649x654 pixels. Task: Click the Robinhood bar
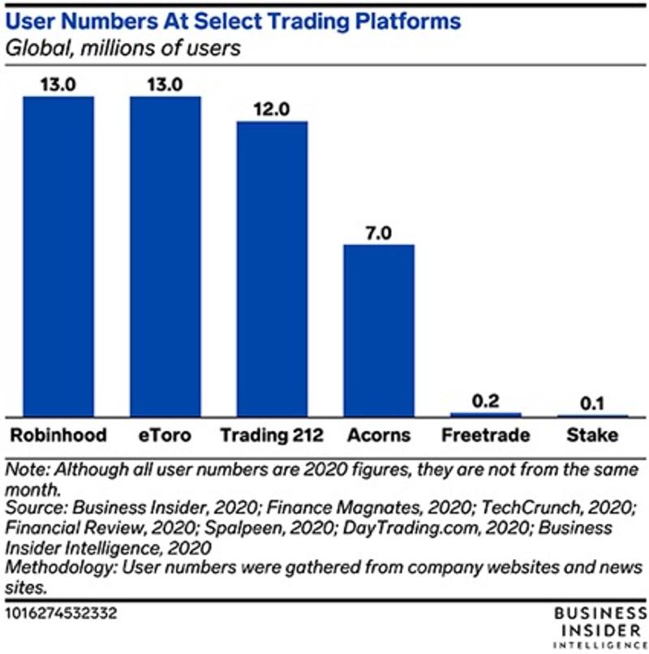coord(58,256)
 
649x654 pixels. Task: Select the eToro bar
coord(165,256)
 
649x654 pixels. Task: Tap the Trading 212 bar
coord(272,268)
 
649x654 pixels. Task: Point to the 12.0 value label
coord(272,109)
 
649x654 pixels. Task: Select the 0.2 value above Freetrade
coord(486,400)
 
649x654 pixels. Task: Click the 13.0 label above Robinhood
coord(58,84)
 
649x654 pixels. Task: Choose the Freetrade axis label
coord(486,436)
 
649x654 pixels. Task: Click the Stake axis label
coord(592,436)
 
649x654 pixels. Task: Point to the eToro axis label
coord(165,436)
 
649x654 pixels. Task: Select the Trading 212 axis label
coord(272,436)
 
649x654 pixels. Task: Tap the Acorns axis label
coord(379,436)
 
